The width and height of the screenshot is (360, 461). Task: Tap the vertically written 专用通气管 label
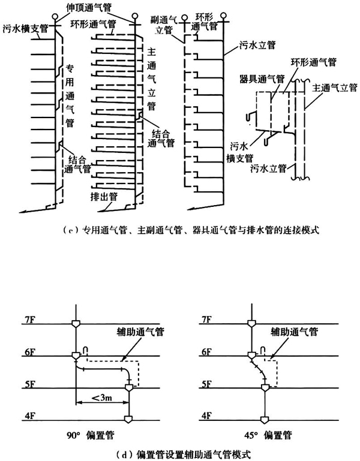(x=70, y=98)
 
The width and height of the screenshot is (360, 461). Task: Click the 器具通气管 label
(x=257, y=79)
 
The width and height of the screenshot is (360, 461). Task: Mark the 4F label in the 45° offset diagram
(x=203, y=415)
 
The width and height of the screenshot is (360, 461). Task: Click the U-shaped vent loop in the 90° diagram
(x=86, y=349)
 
